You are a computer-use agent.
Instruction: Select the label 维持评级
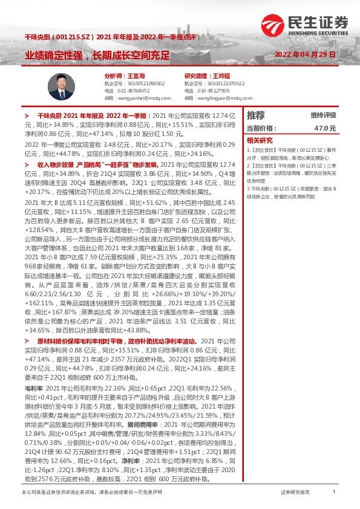click(323, 115)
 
